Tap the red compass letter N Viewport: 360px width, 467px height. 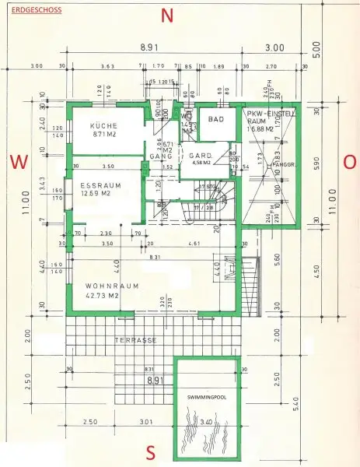[166, 15]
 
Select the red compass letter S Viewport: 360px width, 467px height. [152, 453]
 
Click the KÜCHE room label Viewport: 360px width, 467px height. [103, 125]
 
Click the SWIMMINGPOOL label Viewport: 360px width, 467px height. [208, 396]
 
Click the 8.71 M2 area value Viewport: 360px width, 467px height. [103, 135]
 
